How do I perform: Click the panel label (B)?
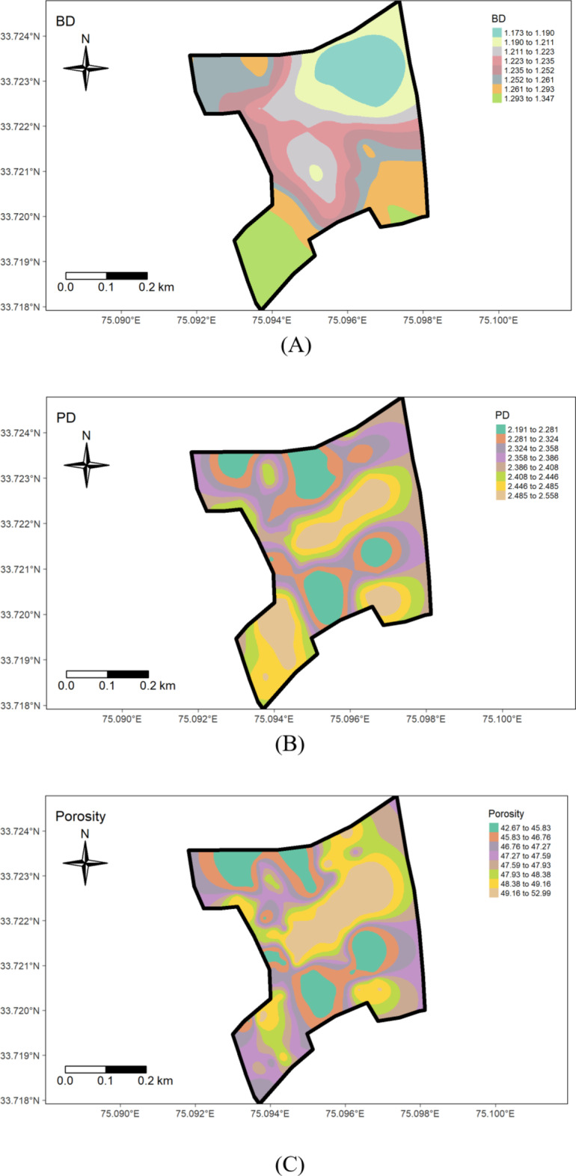pos(289,744)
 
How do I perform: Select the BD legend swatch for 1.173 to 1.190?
pos(496,33)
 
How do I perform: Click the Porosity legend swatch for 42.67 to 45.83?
pos(494,827)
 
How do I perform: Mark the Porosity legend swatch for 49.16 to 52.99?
pos(494,893)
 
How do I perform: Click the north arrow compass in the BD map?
pos(86,68)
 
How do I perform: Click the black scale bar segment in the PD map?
pos(128,674)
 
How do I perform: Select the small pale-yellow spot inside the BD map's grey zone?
pos(316,173)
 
